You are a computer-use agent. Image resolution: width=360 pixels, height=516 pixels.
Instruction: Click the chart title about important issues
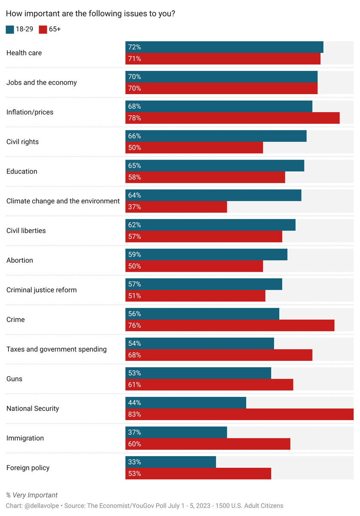pyautogui.click(x=90, y=14)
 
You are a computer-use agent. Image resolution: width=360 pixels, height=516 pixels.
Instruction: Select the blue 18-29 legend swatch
pyautogui.click(x=10, y=30)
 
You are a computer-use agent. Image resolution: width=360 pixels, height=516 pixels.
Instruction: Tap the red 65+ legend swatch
pyautogui.click(x=43, y=30)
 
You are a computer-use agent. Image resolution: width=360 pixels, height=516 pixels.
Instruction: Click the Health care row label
pyautogui.click(x=24, y=53)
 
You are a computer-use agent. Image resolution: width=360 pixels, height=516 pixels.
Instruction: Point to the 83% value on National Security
pyautogui.click(x=134, y=415)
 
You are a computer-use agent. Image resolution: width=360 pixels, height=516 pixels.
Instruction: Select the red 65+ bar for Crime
pyautogui.click(x=230, y=326)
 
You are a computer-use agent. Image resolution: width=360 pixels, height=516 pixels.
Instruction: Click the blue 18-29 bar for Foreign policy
pyautogui.click(x=171, y=462)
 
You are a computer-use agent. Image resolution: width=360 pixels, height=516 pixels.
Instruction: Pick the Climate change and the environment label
pyautogui.click(x=63, y=201)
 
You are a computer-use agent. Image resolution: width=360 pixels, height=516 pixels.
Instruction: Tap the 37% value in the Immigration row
pyautogui.click(x=134, y=432)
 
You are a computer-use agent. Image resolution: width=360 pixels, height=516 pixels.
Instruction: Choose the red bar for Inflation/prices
pyautogui.click(x=232, y=118)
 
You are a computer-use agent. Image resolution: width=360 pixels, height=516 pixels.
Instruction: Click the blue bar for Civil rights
pyautogui.click(x=216, y=136)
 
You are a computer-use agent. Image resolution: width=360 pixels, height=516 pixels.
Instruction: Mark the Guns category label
pyautogui.click(x=14, y=379)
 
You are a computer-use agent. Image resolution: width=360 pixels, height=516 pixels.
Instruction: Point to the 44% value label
pyautogui.click(x=134, y=402)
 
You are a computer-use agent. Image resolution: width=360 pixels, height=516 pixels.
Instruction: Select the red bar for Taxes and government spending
pyautogui.click(x=219, y=355)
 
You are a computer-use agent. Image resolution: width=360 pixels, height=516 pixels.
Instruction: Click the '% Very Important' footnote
pyautogui.click(x=32, y=495)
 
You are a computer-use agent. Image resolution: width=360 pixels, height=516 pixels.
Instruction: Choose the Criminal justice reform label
pyautogui.click(x=42, y=290)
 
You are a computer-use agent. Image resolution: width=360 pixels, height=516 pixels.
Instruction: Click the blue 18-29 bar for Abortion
pyautogui.click(x=206, y=255)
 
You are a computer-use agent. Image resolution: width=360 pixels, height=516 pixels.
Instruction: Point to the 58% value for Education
pyautogui.click(x=134, y=177)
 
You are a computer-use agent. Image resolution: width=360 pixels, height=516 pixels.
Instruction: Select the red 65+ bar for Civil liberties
pyautogui.click(x=204, y=236)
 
